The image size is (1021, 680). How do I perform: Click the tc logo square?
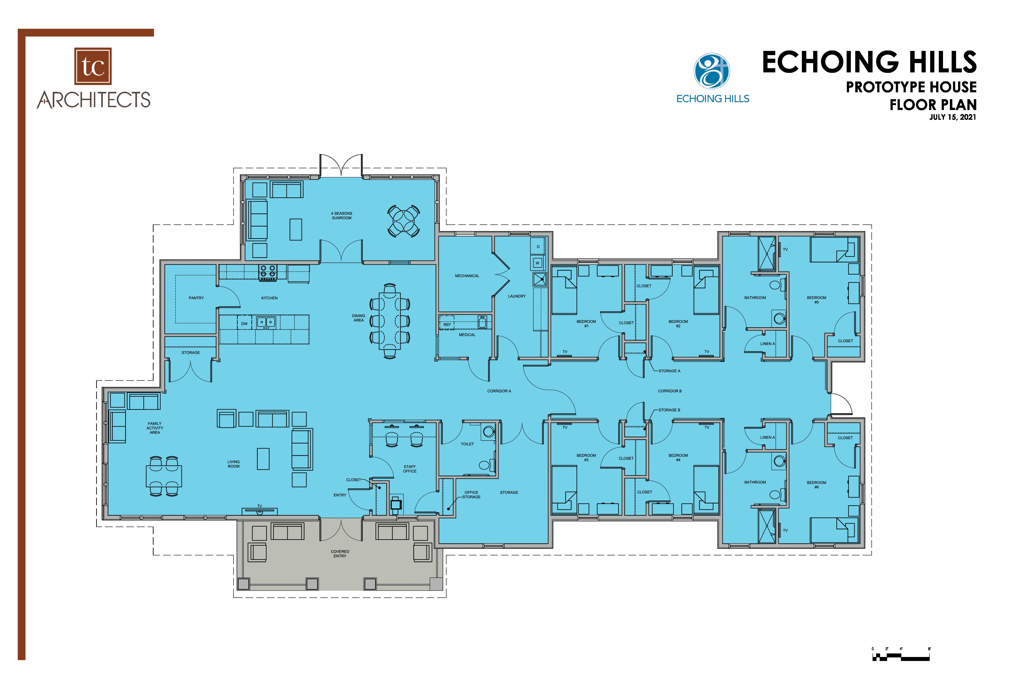tap(93, 66)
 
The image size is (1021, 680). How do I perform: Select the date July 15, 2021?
tap(952, 117)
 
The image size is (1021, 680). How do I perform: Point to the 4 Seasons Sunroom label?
tap(342, 216)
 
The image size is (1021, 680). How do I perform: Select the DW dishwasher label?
tap(244, 324)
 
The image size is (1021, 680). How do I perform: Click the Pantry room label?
tap(196, 298)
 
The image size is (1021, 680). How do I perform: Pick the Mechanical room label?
tap(467, 276)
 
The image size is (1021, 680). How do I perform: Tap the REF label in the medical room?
tap(447, 324)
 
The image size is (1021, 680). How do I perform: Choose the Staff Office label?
tap(409, 469)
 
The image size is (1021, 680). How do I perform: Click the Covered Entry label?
tap(340, 554)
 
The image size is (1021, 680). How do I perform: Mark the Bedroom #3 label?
tap(586, 458)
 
